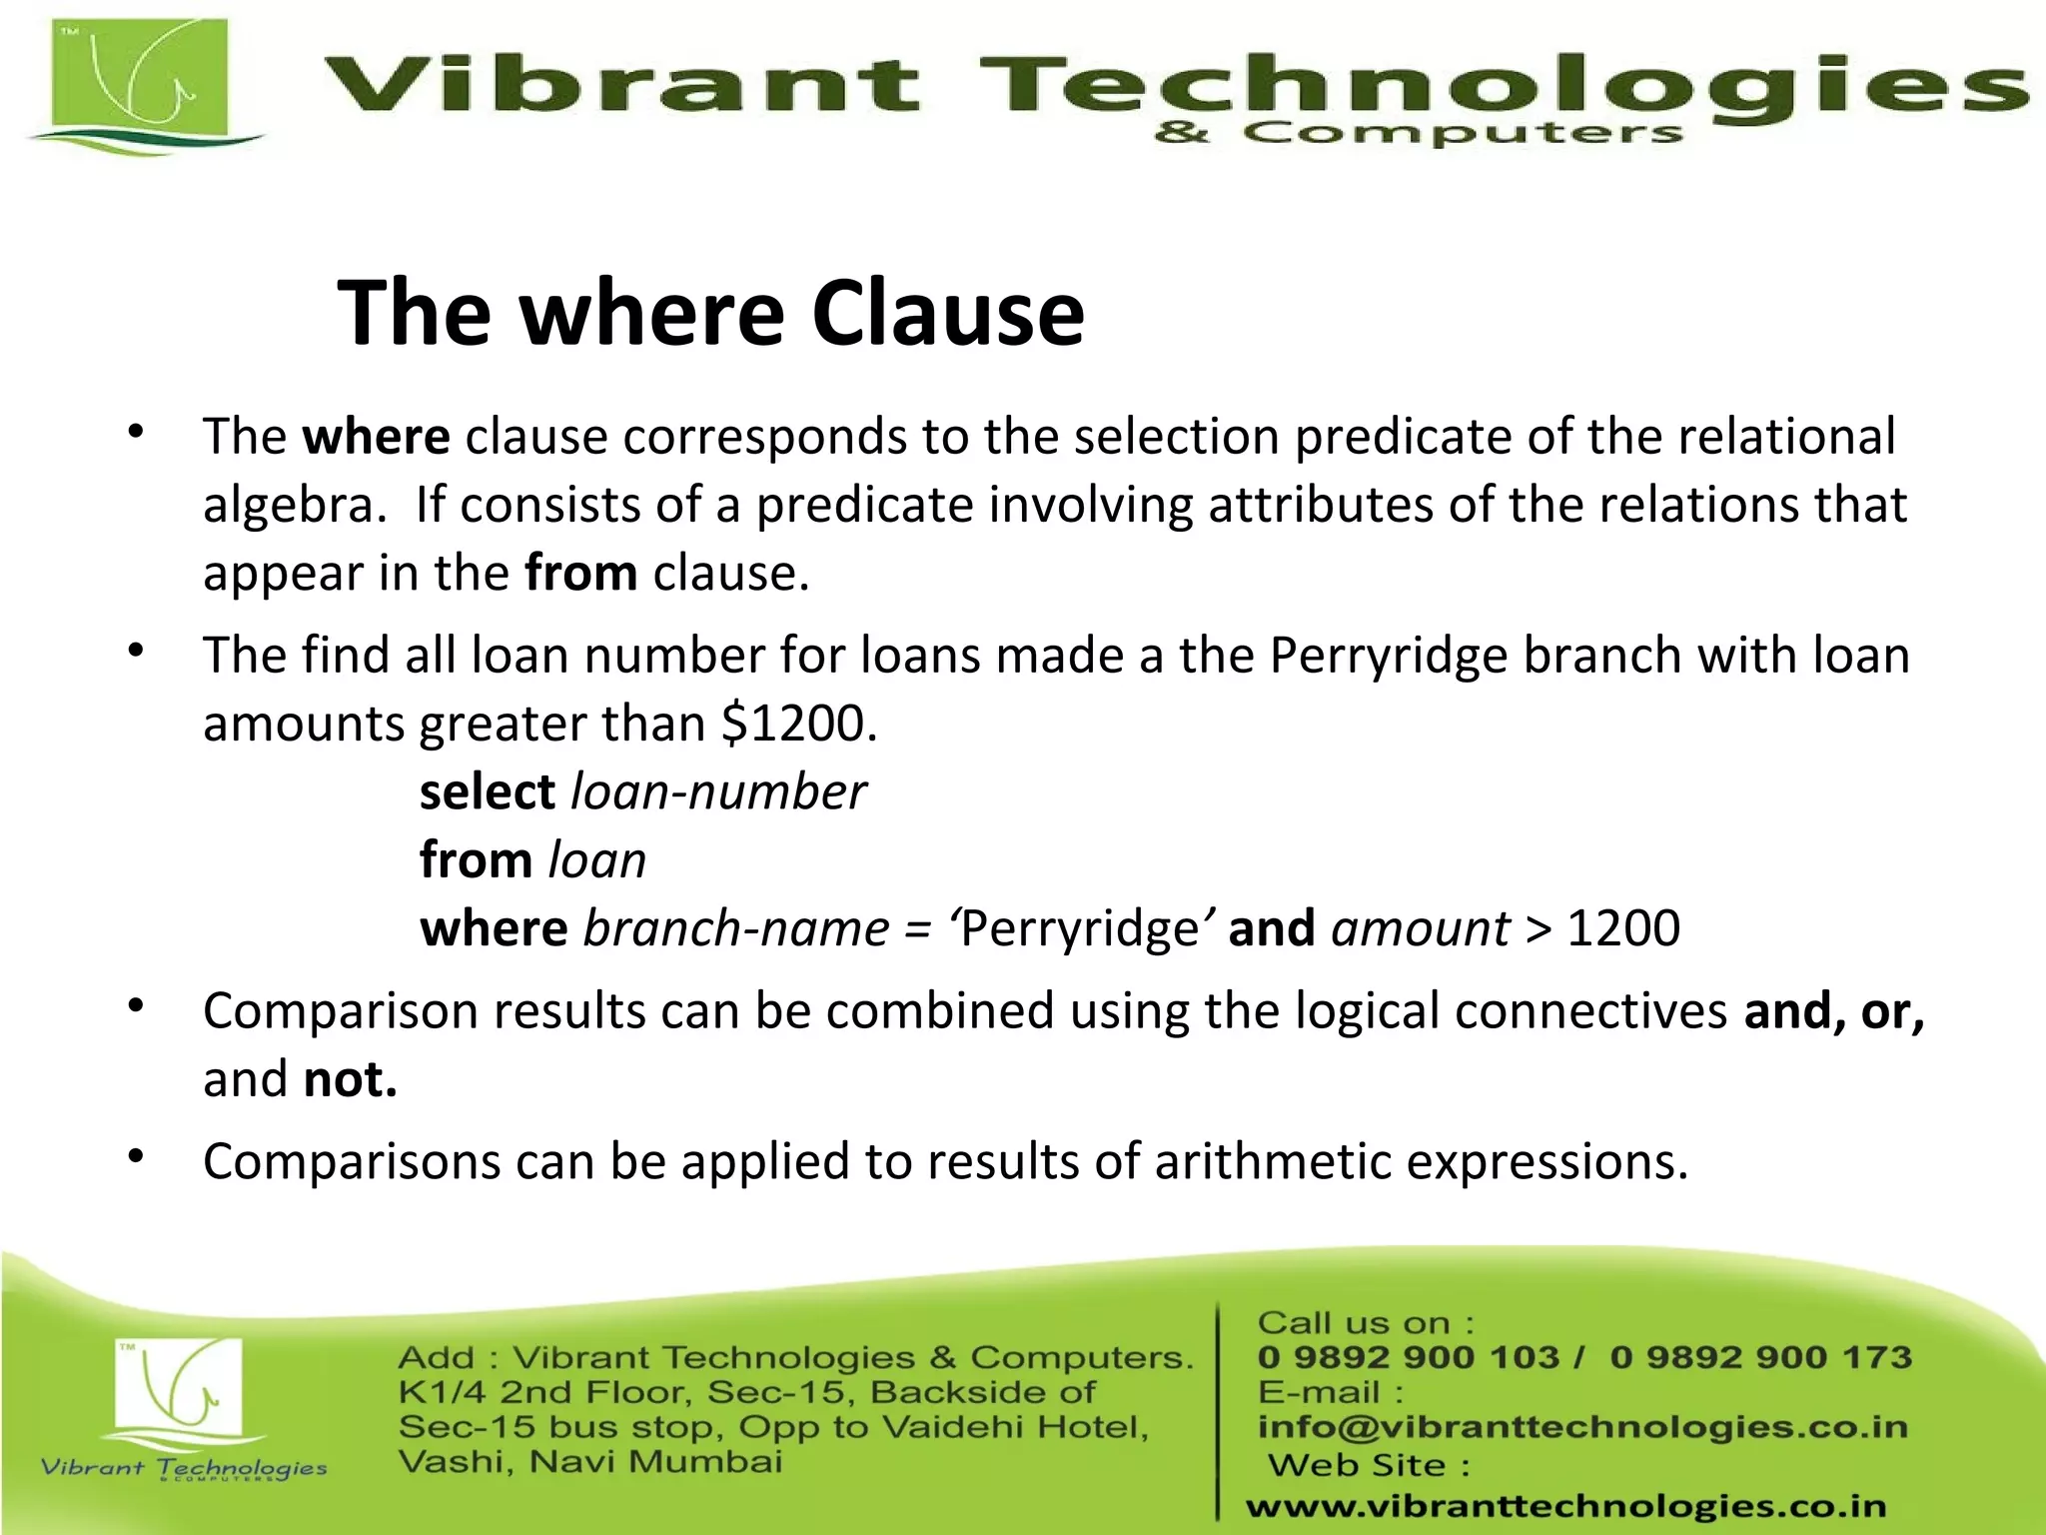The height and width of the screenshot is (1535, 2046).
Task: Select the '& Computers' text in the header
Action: click(1418, 133)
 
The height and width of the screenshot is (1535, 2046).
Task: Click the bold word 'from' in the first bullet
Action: click(580, 574)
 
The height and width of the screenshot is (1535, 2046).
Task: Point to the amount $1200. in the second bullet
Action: click(798, 724)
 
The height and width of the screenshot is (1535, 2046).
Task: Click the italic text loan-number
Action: click(717, 792)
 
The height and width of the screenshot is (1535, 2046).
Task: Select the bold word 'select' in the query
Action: click(487, 792)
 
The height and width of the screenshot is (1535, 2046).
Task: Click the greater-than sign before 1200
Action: click(1538, 929)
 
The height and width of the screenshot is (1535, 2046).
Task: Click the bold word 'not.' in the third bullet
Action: click(350, 1079)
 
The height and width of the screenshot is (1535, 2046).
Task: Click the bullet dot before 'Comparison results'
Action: click(137, 1005)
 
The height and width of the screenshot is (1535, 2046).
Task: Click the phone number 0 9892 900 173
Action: click(1760, 1357)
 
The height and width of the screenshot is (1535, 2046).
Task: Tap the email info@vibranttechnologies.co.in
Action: click(1582, 1427)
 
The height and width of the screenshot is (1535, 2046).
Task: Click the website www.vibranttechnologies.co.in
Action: click(1565, 1506)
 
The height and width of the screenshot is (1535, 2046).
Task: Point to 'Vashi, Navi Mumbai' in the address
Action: click(589, 1462)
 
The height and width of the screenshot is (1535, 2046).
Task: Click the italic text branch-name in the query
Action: click(735, 928)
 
